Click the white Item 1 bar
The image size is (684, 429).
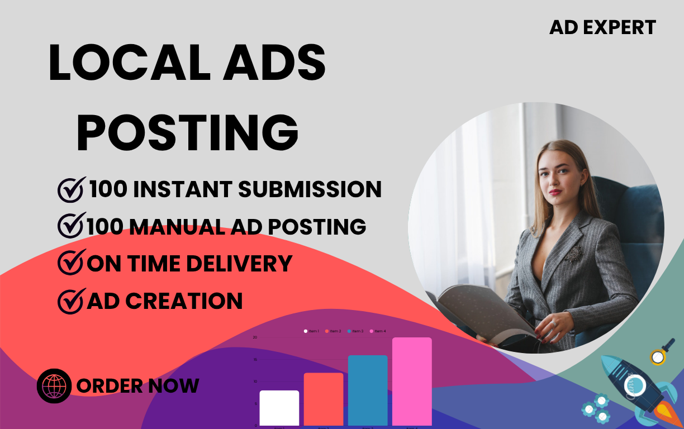pos(279,408)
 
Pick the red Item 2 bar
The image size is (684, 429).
pos(324,399)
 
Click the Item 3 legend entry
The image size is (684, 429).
pos(355,331)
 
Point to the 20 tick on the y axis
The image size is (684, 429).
pos(255,337)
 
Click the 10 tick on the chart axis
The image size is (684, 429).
pos(255,382)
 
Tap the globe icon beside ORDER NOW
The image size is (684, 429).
pos(54,386)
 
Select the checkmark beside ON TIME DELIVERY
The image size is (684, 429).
pos(72,263)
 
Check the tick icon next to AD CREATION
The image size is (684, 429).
pos(72,301)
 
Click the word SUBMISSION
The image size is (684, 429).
pos(310,189)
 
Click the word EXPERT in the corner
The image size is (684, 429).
pos(623,27)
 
